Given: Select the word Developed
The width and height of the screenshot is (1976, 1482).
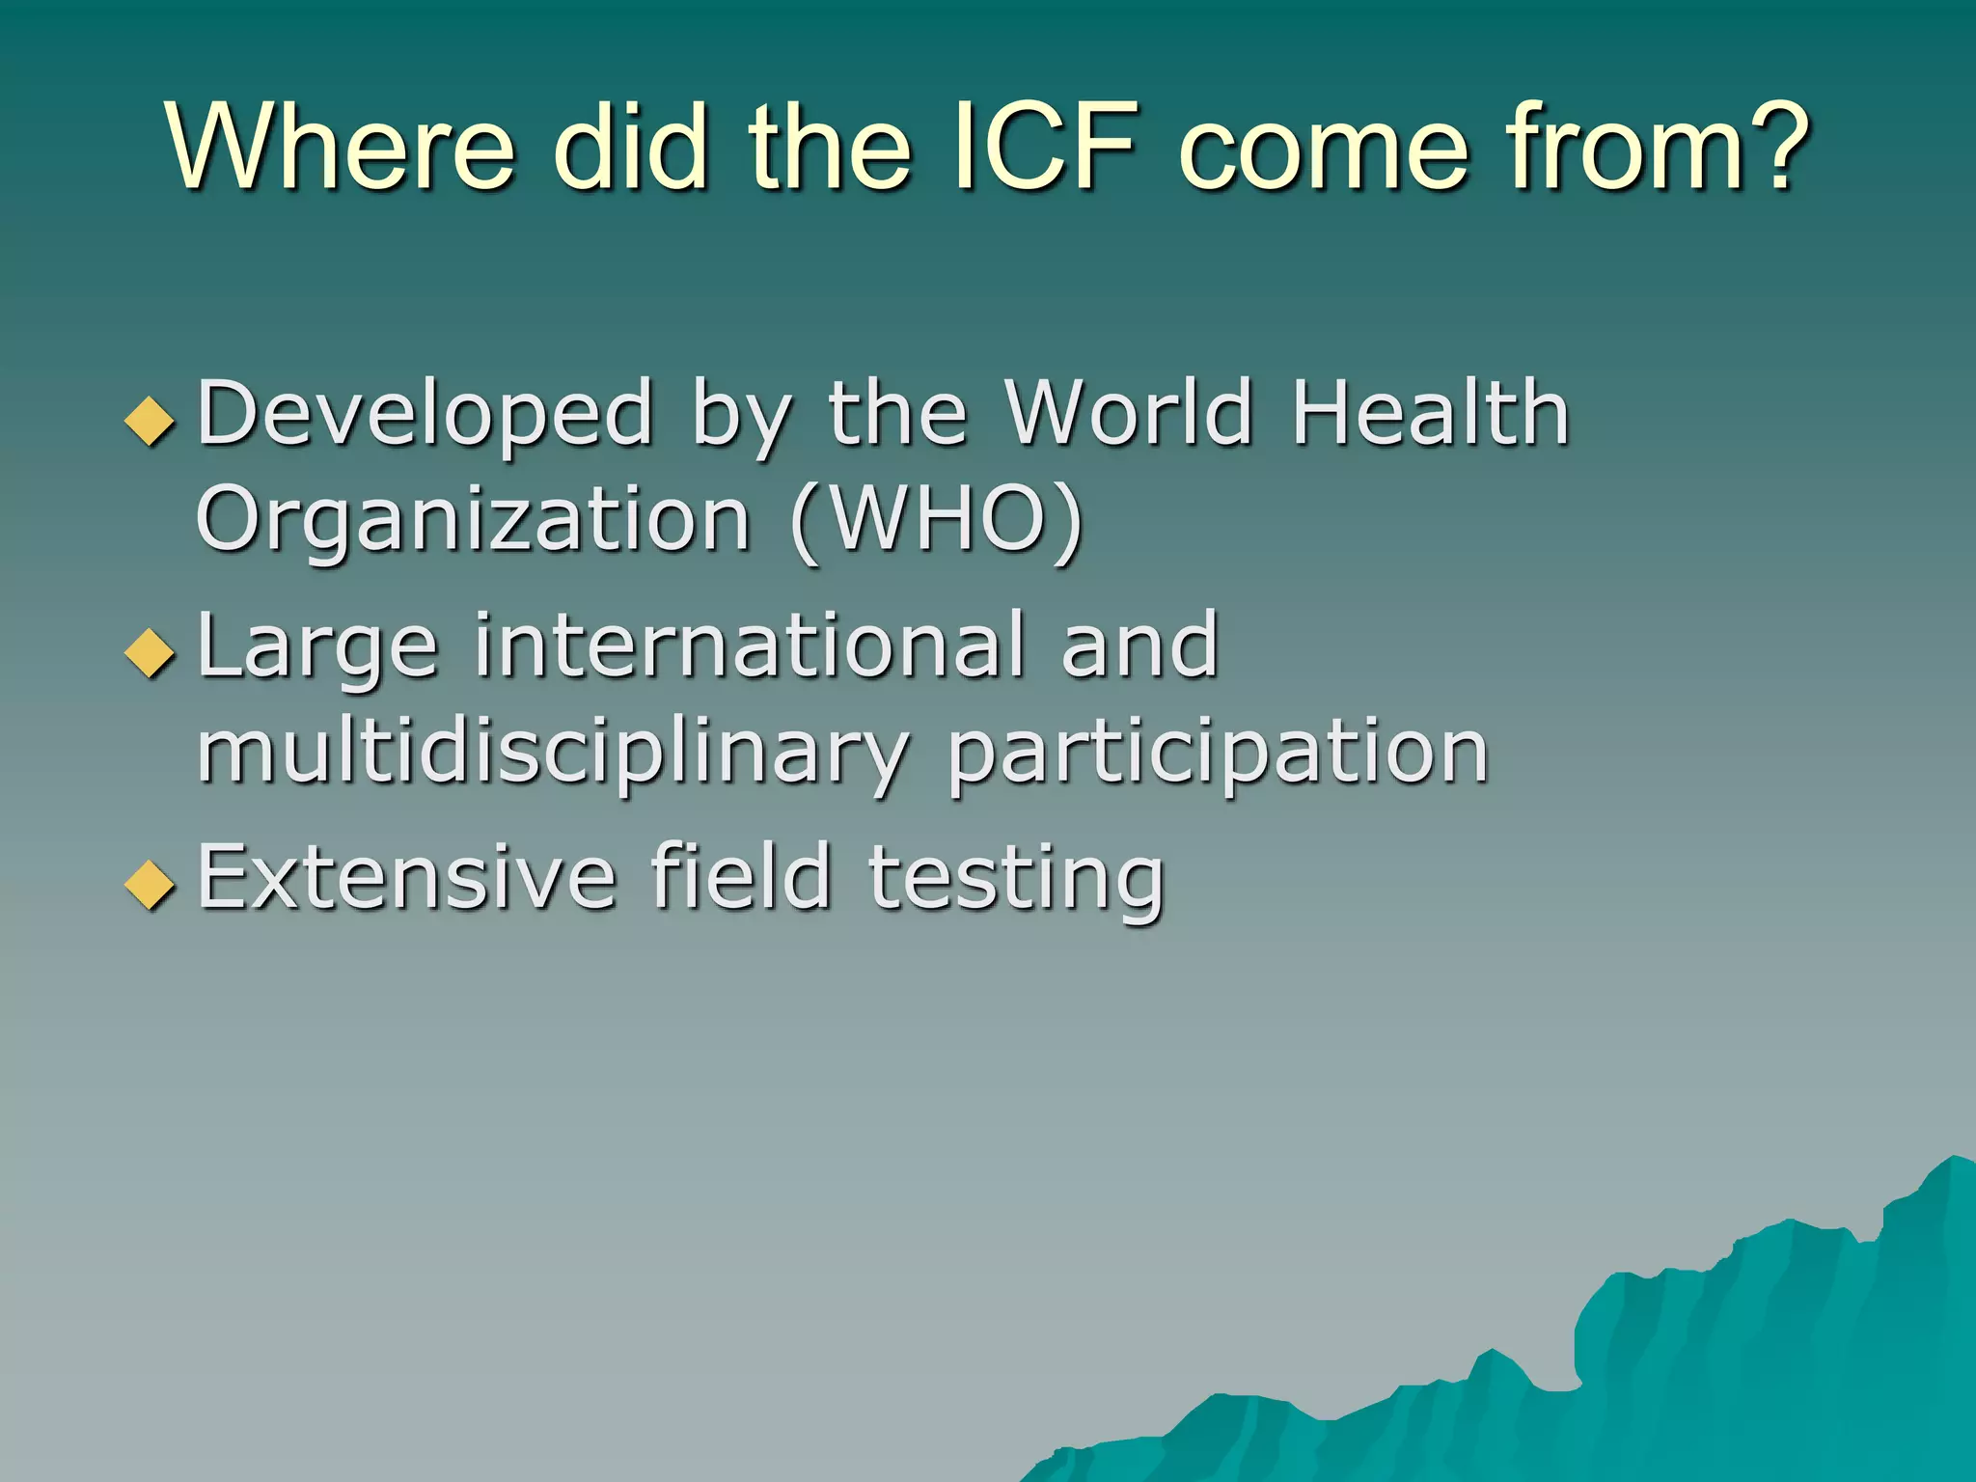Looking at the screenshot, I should pyautogui.click(x=425, y=415).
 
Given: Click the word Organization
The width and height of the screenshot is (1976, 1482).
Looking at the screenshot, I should pyautogui.click(x=473, y=521).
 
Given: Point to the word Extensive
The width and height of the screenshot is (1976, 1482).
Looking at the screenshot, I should pyautogui.click(x=406, y=877).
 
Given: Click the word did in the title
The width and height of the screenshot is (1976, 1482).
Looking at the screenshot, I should pyautogui.click(x=633, y=148).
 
